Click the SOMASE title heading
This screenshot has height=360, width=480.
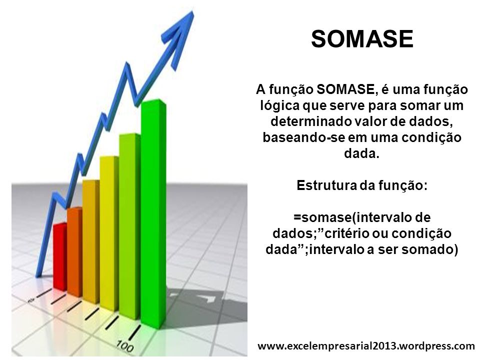pos(362,39)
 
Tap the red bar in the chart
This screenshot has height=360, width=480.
pos(60,256)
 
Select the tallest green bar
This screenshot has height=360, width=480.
pos(153,213)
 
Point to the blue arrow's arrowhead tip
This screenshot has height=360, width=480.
pos(192,11)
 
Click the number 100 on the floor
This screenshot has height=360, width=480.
pos(125,346)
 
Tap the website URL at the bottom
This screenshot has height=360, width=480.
pos(366,346)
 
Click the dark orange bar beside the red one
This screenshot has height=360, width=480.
pos(74,251)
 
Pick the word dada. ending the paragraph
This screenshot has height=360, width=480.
pos(362,153)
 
